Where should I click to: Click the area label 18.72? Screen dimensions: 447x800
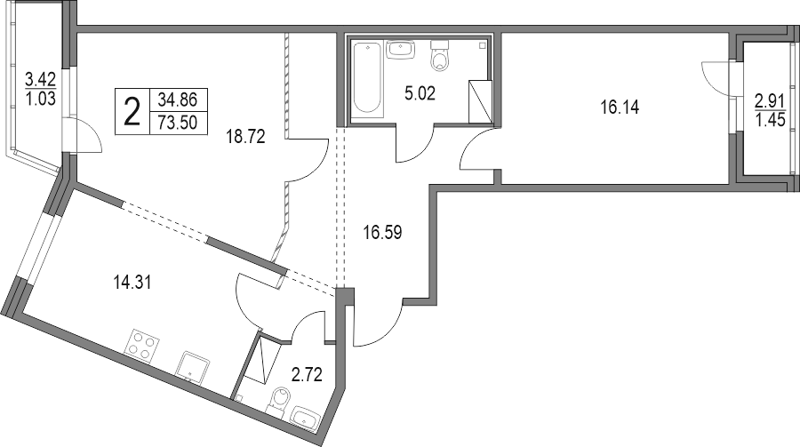click(x=247, y=136)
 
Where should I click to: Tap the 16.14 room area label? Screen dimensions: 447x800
click(x=620, y=109)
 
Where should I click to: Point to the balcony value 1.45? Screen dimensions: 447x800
click(x=771, y=117)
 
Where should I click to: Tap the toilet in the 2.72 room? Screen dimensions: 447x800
click(x=279, y=404)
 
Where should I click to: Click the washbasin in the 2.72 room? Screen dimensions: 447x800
click(x=307, y=418)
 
